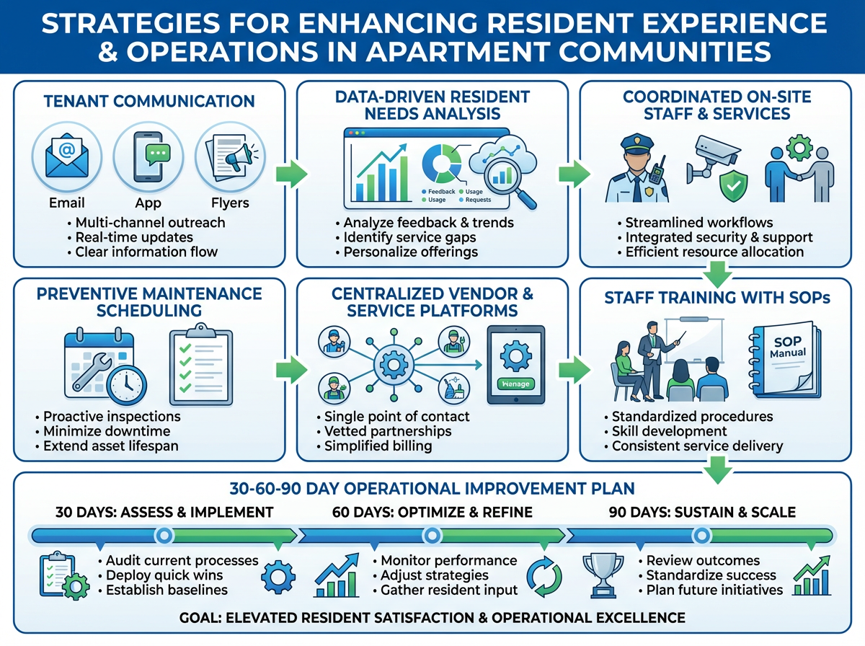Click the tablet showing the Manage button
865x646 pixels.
point(515,365)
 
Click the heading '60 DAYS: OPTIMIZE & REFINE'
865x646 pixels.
point(432,513)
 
